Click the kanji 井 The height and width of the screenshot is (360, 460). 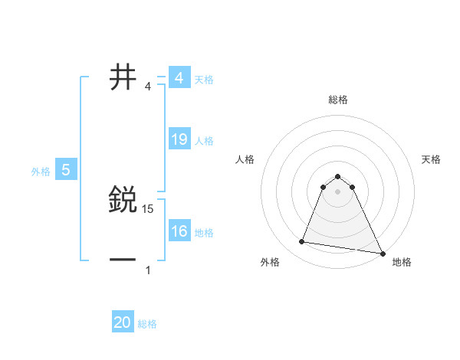pyautogui.click(x=123, y=77)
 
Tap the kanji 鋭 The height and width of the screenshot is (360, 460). pyautogui.click(x=123, y=200)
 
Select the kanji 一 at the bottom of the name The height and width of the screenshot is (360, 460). pyautogui.click(x=123, y=260)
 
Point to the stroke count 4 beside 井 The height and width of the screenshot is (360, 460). pyautogui.click(x=148, y=86)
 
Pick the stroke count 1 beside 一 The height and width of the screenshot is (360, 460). pyautogui.click(x=148, y=270)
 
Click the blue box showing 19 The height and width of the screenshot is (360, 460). pyautogui.click(x=179, y=139)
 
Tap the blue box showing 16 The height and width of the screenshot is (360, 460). pyautogui.click(x=179, y=231)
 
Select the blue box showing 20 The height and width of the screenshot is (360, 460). pyautogui.click(x=123, y=322)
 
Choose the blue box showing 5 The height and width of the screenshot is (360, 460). pyautogui.click(x=66, y=170)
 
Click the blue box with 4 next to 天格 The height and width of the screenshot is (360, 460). pyautogui.click(x=179, y=78)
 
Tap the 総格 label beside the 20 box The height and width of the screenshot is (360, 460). pyautogui.click(x=147, y=324)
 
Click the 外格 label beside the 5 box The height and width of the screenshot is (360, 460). pyautogui.click(x=41, y=172)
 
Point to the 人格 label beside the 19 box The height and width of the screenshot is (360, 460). pyautogui.click(x=204, y=141)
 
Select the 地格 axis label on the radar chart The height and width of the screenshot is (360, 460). pyautogui.click(x=402, y=263)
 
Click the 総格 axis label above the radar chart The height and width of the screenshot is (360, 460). pyautogui.click(x=338, y=100)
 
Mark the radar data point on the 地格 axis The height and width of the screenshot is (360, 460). pyautogui.click(x=382, y=253)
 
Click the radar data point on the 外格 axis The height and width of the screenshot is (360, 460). pyautogui.click(x=302, y=242)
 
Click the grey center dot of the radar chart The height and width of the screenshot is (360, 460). pyautogui.click(x=338, y=191)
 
